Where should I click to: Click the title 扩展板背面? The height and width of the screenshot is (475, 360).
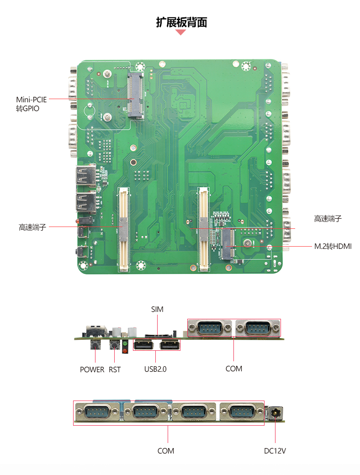tap(181, 22)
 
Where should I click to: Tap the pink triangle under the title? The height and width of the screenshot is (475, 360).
tap(180, 32)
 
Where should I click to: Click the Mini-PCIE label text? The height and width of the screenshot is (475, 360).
tap(31, 100)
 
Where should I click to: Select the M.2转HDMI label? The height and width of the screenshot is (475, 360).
tap(333, 246)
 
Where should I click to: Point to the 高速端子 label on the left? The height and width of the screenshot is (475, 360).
tap(32, 227)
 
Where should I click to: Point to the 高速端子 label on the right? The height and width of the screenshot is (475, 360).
tap(328, 218)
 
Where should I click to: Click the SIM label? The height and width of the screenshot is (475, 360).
tap(157, 309)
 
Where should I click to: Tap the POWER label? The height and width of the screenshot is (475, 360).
tap(92, 369)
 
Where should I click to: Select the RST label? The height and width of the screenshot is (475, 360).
tap(115, 369)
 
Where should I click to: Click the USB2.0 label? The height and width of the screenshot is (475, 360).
tap(155, 369)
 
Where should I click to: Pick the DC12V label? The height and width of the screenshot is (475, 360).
tap(275, 451)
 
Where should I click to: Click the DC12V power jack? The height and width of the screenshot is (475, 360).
tap(275, 413)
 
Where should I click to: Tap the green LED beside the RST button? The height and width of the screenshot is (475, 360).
tap(125, 343)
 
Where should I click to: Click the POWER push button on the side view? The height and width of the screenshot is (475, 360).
tap(95, 344)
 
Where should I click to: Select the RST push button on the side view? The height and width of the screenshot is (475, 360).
tap(115, 344)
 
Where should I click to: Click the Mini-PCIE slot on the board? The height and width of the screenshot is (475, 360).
tap(135, 95)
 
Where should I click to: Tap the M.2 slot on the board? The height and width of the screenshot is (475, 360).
tap(228, 244)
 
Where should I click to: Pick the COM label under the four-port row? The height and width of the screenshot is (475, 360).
tap(166, 451)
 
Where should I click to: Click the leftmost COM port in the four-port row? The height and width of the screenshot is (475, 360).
tap(97, 412)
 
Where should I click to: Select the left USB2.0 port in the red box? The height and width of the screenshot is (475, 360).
tap(143, 345)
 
